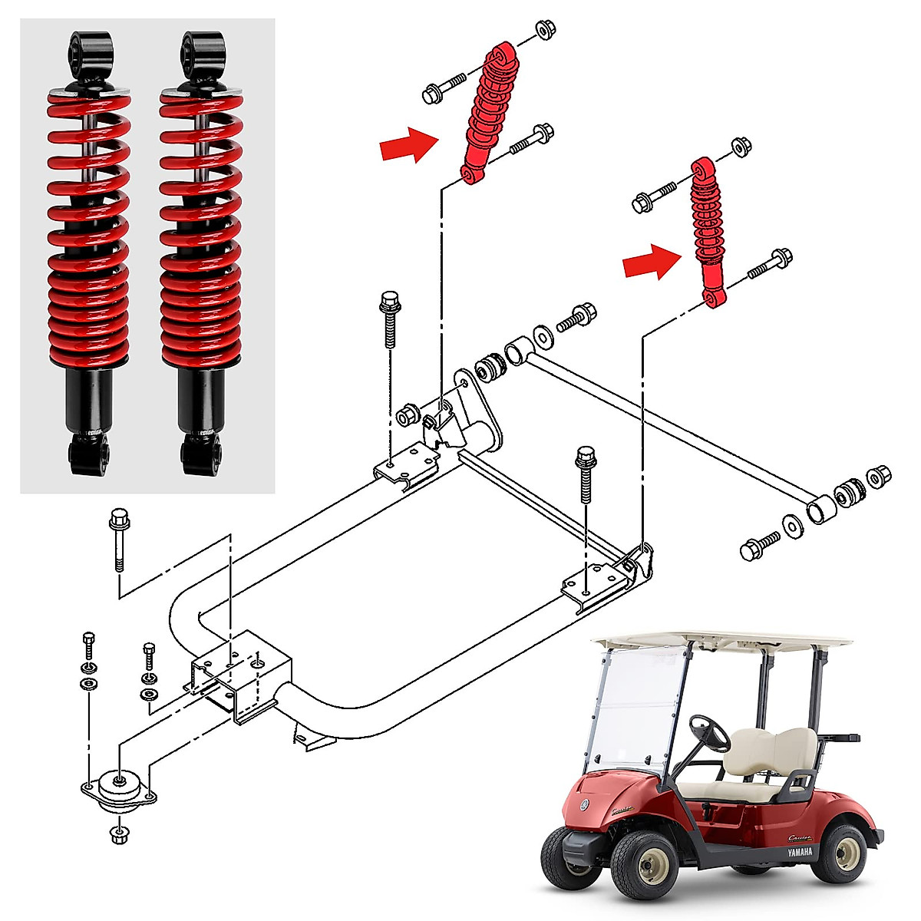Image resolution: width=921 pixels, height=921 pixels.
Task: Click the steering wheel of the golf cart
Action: click(709, 733)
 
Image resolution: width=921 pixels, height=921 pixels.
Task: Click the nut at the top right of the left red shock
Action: click(545, 31)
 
